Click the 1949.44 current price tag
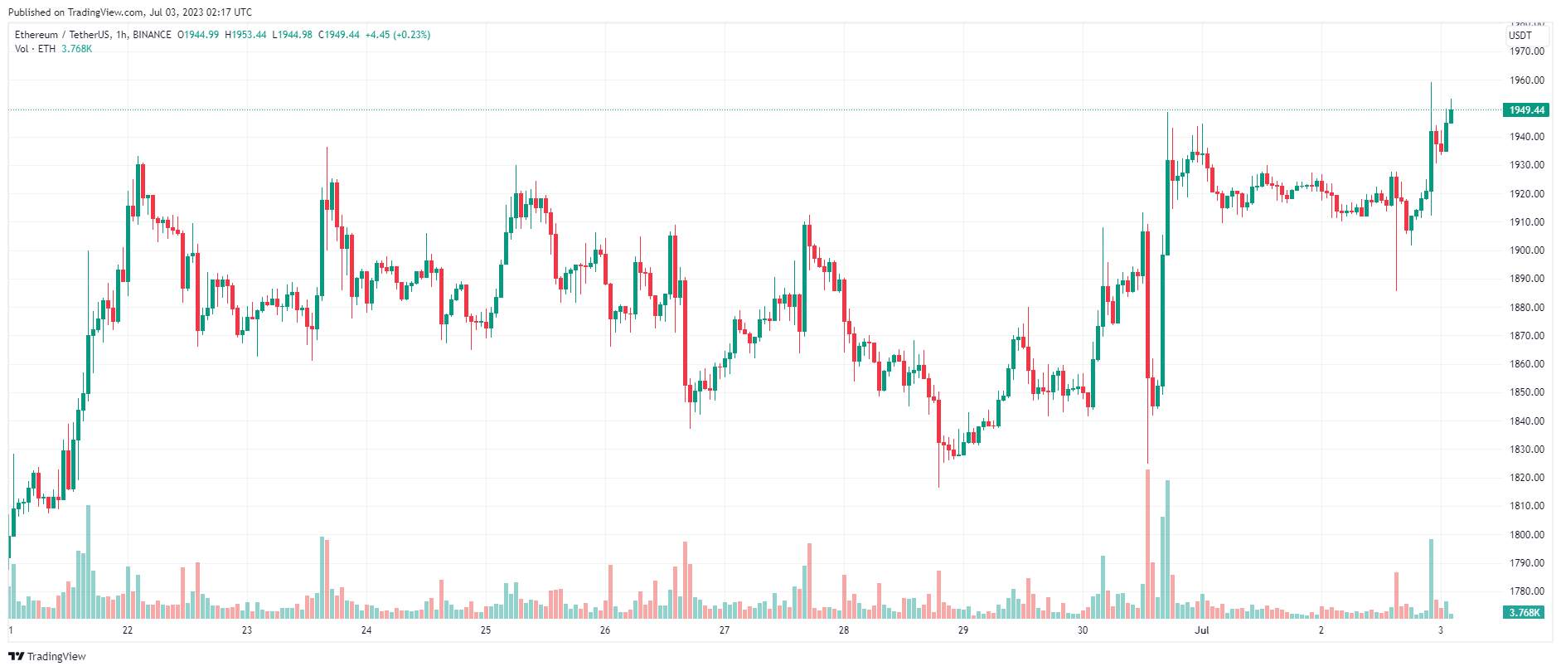click(x=1525, y=110)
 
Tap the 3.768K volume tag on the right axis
click(x=1525, y=613)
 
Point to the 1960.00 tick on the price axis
click(x=1527, y=80)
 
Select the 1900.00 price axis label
click(x=1527, y=250)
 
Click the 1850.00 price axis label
click(x=1527, y=392)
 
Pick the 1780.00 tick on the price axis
click(x=1527, y=591)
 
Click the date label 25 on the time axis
click(x=486, y=630)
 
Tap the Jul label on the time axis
click(x=1201, y=630)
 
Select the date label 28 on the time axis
click(x=844, y=630)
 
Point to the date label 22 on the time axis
click(x=128, y=630)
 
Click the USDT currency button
click(x=1520, y=36)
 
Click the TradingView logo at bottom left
click(x=47, y=657)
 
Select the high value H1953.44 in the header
click(x=245, y=35)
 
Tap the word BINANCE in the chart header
click(x=152, y=35)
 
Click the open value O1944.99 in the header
click(x=198, y=35)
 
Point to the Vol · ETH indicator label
click(x=35, y=49)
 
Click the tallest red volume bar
click(x=1147, y=544)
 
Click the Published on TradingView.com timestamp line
click(x=130, y=12)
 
